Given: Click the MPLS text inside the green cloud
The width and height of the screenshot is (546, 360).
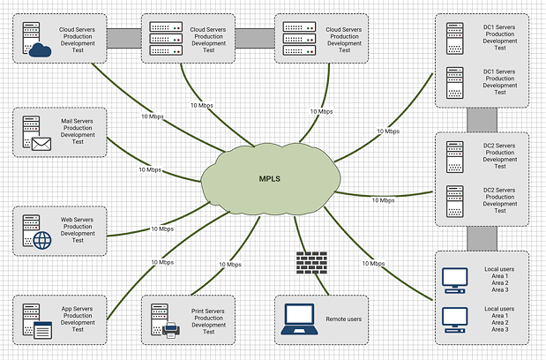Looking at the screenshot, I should [270, 179].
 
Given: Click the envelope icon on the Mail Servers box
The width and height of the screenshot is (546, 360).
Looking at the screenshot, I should [41, 143].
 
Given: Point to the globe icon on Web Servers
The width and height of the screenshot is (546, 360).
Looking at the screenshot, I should [41, 239].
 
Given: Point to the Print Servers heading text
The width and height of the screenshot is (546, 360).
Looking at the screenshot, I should [208, 311].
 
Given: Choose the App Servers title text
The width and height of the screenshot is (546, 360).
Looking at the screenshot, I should [78, 309].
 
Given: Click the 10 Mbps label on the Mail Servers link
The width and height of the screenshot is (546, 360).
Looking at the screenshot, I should [150, 169].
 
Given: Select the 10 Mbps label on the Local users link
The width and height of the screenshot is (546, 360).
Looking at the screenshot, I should [371, 263].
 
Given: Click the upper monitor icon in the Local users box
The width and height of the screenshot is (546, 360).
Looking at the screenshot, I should [454, 280].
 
